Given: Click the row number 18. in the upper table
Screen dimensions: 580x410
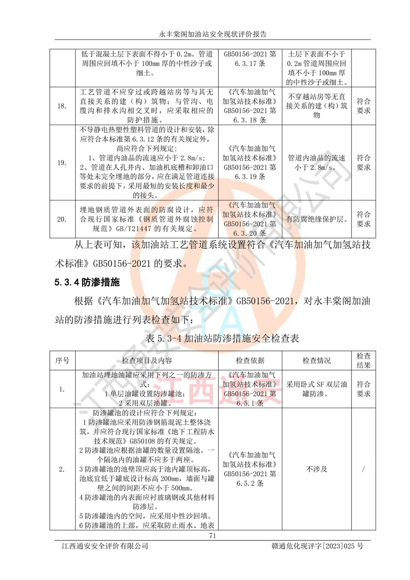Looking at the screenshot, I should click(61, 106).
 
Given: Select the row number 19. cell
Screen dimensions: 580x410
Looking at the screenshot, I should click(61, 163).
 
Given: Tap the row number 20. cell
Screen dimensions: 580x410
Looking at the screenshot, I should click(61, 219).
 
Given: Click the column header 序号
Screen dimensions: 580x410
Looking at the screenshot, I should click(62, 361).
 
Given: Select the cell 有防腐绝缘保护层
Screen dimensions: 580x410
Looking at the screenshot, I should click(317, 219).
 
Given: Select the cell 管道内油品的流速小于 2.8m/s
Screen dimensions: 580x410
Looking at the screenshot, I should click(317, 163).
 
